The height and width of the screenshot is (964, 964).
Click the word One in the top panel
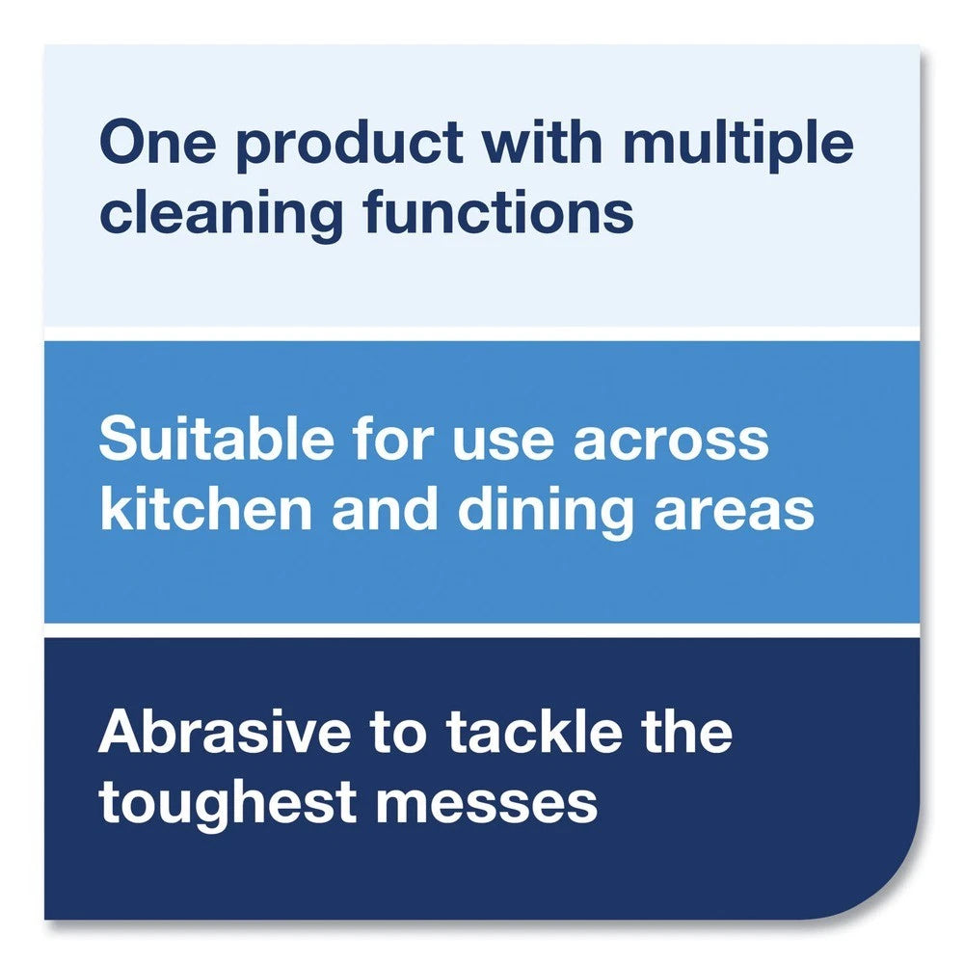(154, 145)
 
